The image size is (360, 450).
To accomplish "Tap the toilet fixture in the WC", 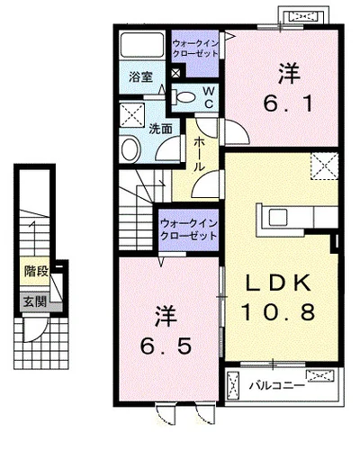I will pyautogui.click(x=184, y=96).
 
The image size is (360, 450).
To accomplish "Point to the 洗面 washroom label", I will pyautogui.click(x=157, y=128).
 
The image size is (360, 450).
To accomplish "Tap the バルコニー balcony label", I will pyautogui.click(x=277, y=388).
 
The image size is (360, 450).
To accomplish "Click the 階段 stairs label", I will pyautogui.click(x=35, y=268).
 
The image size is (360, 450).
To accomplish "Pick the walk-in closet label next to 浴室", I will pyautogui.click(x=195, y=47).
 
